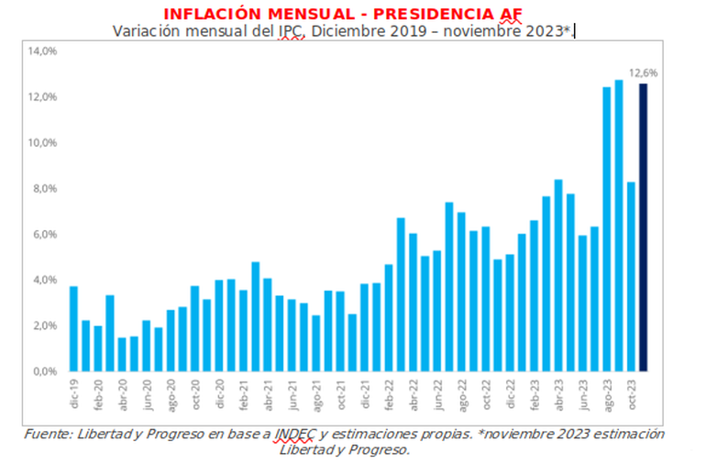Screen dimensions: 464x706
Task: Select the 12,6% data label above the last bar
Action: pyautogui.click(x=643, y=72)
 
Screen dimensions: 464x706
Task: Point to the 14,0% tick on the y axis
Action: pyautogui.click(x=44, y=51)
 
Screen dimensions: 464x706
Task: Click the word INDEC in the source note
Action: pyautogui.click(x=297, y=434)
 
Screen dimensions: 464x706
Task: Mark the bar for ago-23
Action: pyautogui.click(x=607, y=229)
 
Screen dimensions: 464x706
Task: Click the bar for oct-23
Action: pyautogui.click(x=631, y=276)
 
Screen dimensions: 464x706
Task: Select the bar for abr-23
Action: pyautogui.click(x=558, y=275)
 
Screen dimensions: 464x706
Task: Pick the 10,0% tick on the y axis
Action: pyautogui.click(x=44, y=143)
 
